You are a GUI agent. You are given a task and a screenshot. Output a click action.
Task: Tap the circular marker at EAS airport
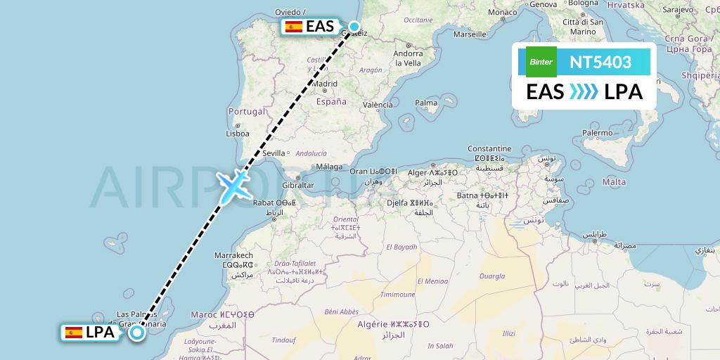tap(354, 27)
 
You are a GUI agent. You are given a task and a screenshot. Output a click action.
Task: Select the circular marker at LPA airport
tap(136, 333)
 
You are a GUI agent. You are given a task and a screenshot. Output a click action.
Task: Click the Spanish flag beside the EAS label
tap(294, 27)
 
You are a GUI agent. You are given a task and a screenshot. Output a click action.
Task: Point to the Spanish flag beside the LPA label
tap(73, 333)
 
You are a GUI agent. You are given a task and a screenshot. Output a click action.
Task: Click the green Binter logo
tap(541, 62)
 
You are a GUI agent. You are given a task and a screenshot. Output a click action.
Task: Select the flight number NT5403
tap(600, 62)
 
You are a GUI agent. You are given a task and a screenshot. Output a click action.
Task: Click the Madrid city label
tap(325, 84)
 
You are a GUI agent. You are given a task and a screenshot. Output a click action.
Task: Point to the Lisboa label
tap(238, 134)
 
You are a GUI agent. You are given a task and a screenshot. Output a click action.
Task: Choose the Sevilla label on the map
tap(274, 153)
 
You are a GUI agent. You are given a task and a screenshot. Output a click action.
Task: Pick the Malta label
tap(614, 182)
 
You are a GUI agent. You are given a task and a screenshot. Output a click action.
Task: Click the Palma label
tap(426, 103)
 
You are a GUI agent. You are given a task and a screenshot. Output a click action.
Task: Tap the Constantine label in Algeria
tap(489, 149)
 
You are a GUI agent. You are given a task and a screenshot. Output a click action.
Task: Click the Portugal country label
tap(247, 111)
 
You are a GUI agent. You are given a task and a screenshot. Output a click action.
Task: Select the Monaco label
tap(503, 13)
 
